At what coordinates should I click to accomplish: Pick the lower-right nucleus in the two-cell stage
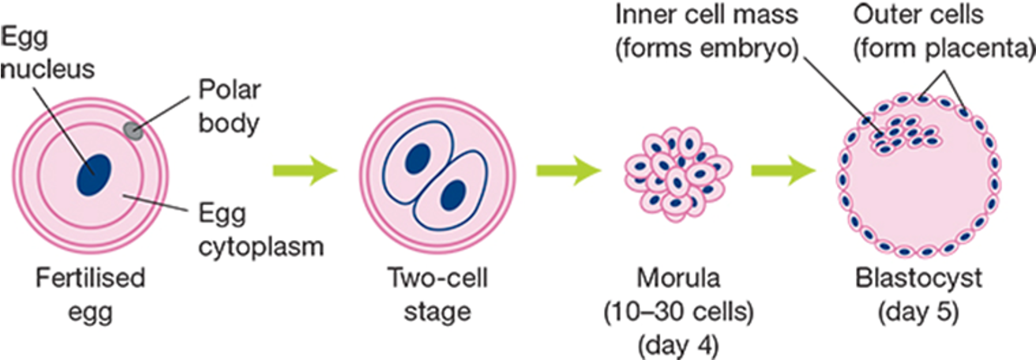click(x=453, y=195)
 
